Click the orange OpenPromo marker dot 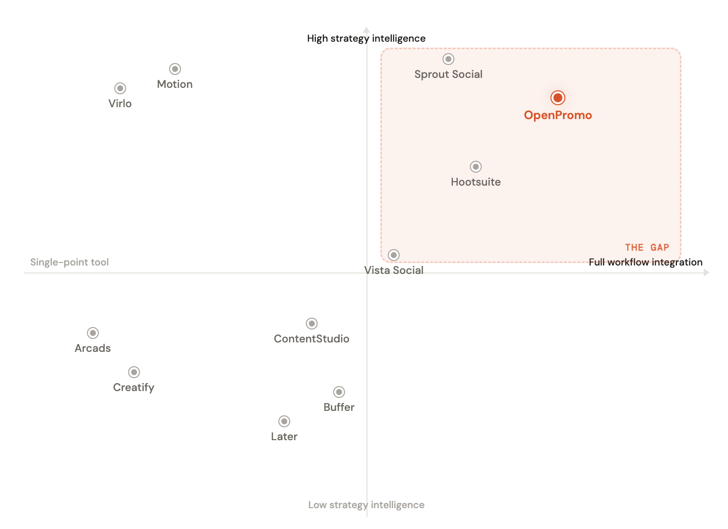click(558, 98)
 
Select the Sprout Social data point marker click(448, 59)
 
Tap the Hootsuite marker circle click(476, 167)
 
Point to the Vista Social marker click(394, 255)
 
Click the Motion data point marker click(175, 69)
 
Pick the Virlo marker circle click(120, 88)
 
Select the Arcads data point click(93, 333)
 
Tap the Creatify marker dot click(134, 372)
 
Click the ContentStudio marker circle click(311, 324)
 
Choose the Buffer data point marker click(339, 392)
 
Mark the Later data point click(284, 421)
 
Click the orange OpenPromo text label click(558, 115)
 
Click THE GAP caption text click(647, 248)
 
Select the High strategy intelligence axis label click(366, 38)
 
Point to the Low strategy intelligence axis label click(366, 505)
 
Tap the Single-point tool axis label click(69, 262)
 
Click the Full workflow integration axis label click(645, 262)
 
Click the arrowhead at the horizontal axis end click(707, 272)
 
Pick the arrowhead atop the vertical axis click(366, 30)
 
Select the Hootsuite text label click(476, 182)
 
